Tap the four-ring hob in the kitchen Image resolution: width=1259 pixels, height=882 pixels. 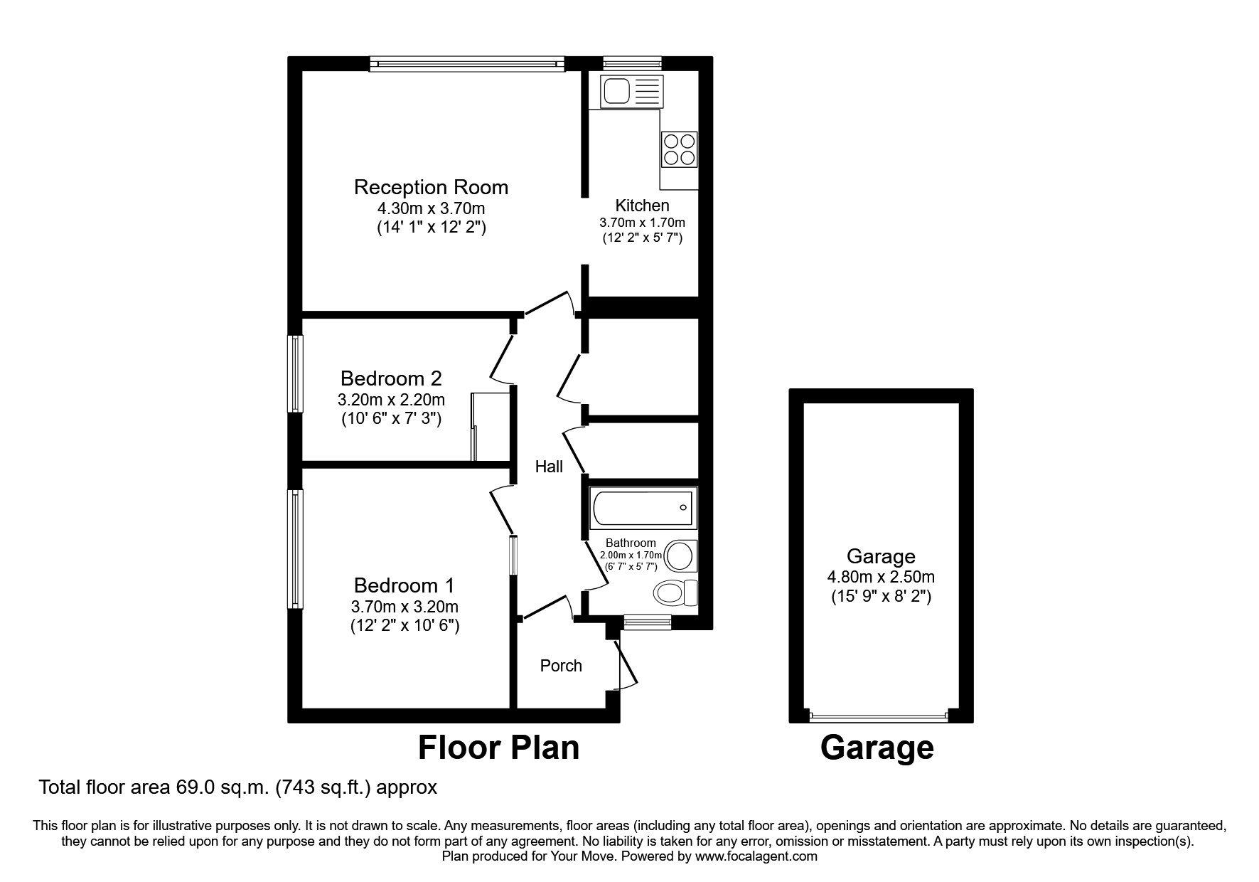678,149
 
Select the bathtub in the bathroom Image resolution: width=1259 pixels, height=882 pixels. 643,508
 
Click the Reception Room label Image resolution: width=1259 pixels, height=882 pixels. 431,187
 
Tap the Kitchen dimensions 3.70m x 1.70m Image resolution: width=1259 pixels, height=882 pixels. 642,223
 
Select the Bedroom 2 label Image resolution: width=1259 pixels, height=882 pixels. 391,378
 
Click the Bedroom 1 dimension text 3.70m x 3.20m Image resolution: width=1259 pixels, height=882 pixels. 405,607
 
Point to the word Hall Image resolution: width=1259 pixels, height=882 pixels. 549,467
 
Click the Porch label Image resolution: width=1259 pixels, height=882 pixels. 561,666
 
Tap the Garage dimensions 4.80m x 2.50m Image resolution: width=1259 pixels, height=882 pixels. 881,577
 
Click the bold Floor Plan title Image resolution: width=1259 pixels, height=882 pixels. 498,748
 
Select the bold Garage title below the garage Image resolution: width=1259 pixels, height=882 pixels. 877,748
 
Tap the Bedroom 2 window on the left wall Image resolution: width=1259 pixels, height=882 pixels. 295,373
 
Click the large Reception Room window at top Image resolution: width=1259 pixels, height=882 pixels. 467,64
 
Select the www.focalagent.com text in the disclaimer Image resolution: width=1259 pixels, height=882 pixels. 756,856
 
